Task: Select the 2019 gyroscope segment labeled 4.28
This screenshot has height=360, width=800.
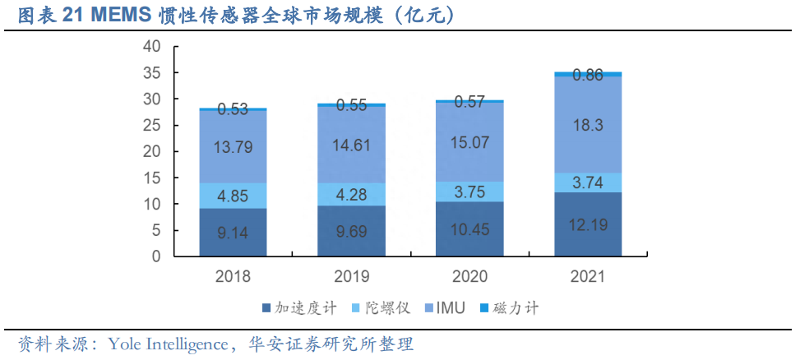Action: (352, 194)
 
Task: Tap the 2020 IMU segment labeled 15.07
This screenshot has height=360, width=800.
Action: (469, 142)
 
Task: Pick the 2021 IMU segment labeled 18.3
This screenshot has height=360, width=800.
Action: (587, 124)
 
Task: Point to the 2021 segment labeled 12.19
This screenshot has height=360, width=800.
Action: (587, 224)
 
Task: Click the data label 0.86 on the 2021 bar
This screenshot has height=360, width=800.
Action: (587, 75)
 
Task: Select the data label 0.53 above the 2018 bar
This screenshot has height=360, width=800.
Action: (233, 108)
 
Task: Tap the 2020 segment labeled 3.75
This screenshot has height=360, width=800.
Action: (469, 192)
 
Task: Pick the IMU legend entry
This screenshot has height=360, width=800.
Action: (451, 308)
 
